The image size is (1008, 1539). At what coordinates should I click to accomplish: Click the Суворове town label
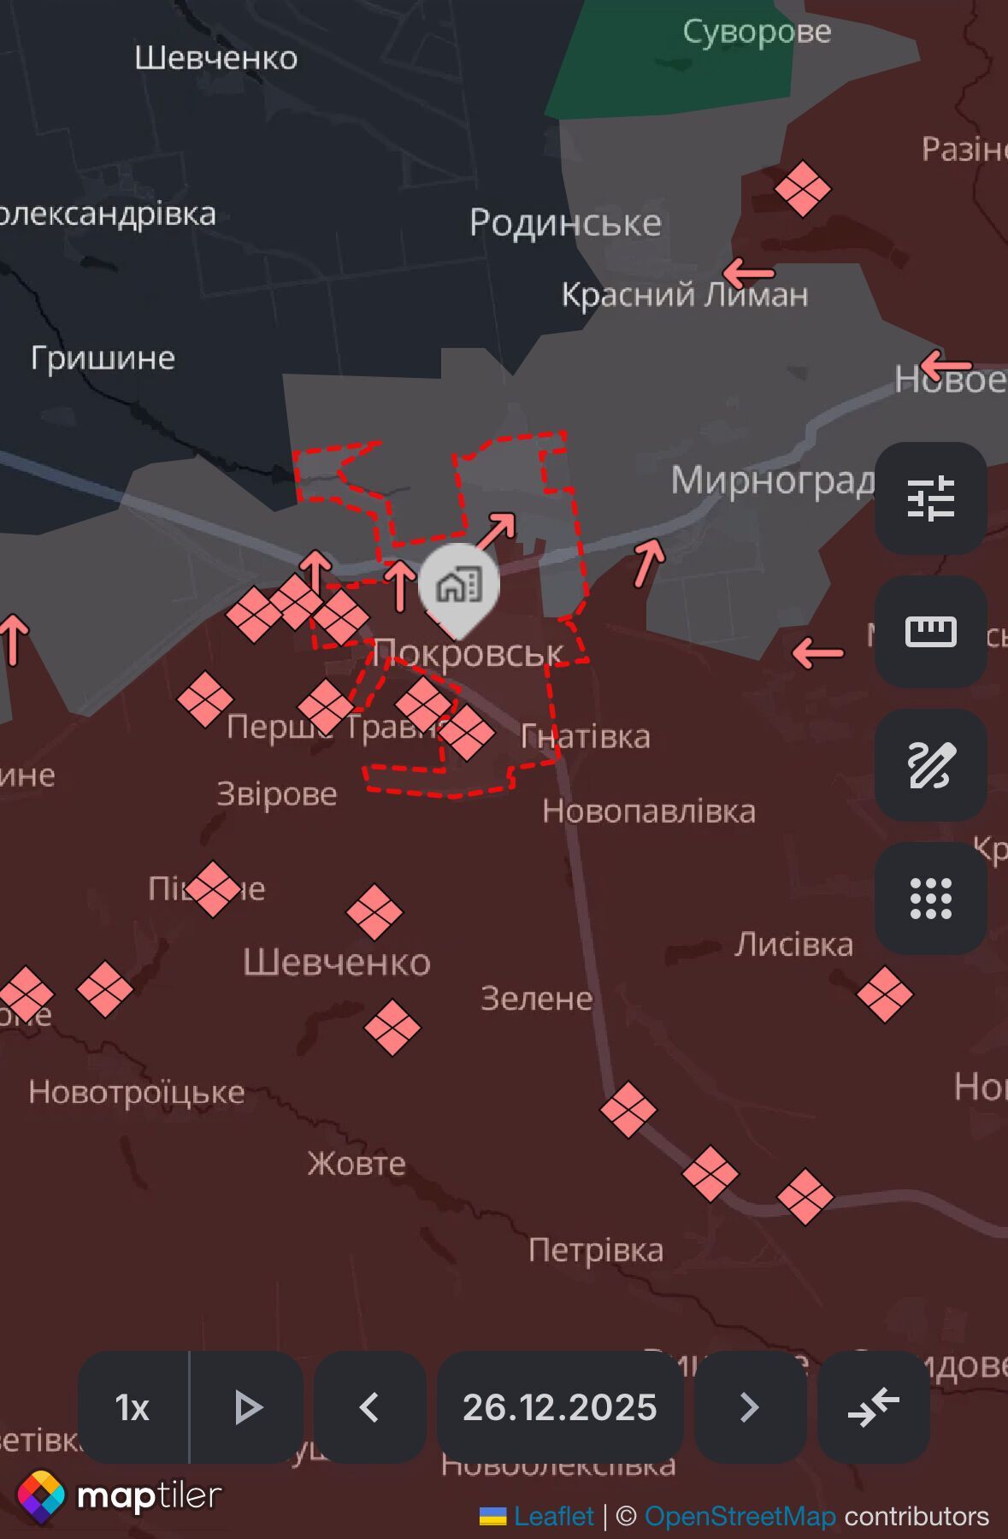757,32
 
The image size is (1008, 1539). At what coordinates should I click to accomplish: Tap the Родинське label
565,223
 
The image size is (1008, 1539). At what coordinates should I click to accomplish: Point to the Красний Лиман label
684,295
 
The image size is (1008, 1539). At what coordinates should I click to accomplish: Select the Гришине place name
103,357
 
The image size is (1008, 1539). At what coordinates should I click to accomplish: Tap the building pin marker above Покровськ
459,587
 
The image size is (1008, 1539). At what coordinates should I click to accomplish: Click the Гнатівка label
586,737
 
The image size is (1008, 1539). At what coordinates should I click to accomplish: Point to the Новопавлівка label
649,811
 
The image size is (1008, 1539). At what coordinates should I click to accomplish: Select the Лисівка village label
794,945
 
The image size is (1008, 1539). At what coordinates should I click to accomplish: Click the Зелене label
537,999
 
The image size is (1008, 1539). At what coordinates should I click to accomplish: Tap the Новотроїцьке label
137,1093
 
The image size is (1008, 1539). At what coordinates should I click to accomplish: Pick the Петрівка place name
596,1251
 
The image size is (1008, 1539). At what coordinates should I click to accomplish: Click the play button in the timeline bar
247,1407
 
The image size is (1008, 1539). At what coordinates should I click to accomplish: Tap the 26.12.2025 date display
560,1407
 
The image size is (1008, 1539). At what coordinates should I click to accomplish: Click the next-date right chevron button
750,1407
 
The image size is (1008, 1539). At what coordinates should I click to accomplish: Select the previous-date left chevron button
370,1407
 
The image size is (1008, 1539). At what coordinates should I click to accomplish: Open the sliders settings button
930,498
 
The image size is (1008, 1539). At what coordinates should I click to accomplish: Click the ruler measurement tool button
930,632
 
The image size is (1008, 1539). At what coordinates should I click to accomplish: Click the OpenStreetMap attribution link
740,1517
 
